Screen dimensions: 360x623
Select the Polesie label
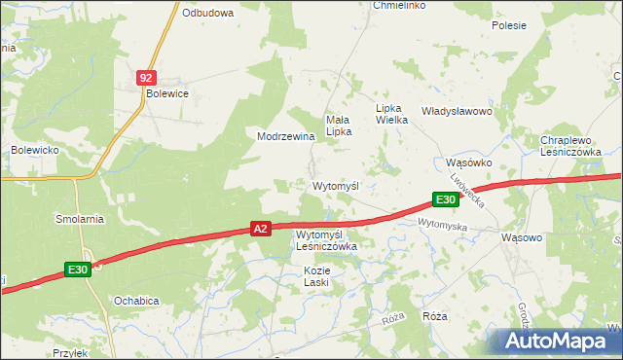pos(509,25)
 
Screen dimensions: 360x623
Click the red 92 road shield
pos(145,77)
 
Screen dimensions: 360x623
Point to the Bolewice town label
pos(166,93)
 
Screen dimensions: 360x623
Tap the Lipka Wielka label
pos(395,114)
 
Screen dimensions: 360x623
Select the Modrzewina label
pos(285,136)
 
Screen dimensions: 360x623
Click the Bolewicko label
pos(37,150)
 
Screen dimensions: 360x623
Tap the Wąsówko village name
pos(468,162)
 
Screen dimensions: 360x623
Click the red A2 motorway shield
pos(259,229)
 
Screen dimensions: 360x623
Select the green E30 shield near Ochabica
pos(79,270)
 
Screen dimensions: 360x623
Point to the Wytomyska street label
pos(443,225)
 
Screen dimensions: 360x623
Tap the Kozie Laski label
pos(316,275)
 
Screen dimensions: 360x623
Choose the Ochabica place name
pos(136,301)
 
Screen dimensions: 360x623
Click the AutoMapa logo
pos(558,342)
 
